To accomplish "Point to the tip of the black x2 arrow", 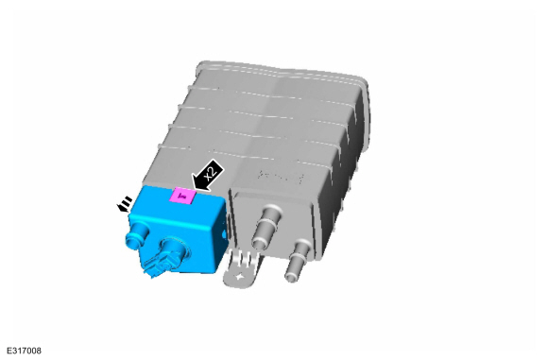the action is point(192,189).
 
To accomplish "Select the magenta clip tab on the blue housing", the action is point(181,196).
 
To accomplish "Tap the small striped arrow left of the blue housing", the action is point(125,204).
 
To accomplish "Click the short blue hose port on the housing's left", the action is point(136,236).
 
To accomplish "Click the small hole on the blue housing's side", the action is point(223,236).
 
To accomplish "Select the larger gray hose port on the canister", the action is point(265,227).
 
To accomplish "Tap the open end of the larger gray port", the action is point(259,242).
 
